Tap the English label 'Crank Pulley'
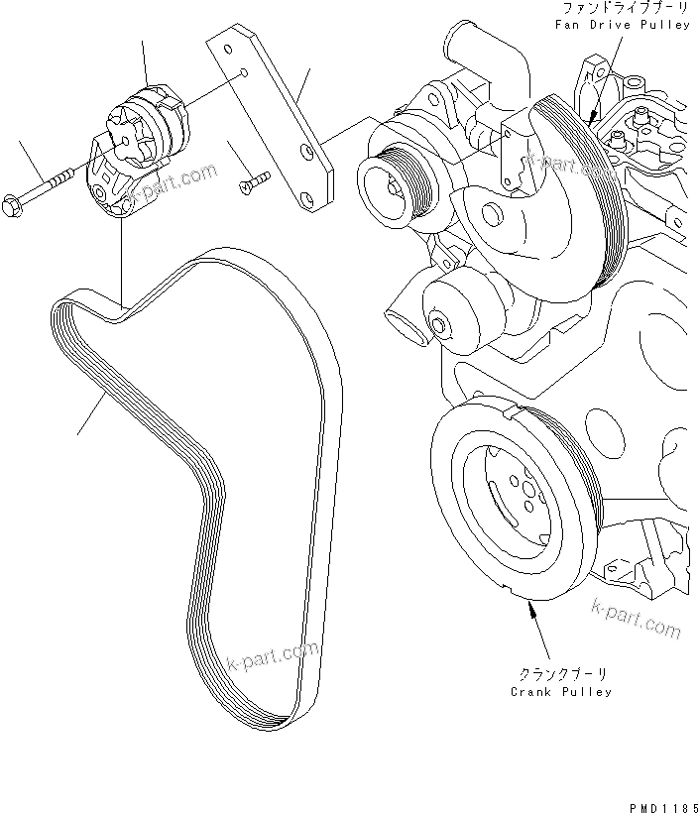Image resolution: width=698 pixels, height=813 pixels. [x=561, y=691]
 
